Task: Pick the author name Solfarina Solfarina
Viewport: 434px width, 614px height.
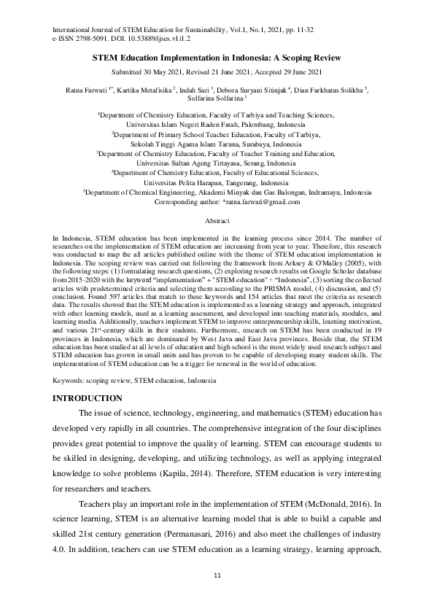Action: click(217, 99)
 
